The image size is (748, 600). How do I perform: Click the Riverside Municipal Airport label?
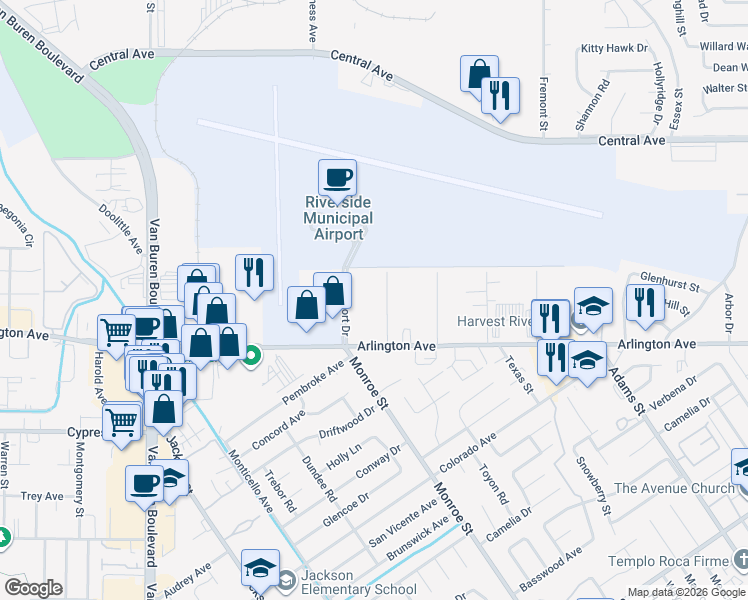pyautogui.click(x=338, y=218)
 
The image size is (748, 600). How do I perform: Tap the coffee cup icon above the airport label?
pyautogui.click(x=336, y=178)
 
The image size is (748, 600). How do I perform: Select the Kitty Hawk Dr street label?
pyautogui.click(x=614, y=48)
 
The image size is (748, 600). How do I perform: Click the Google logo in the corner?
pyautogui.click(x=33, y=588)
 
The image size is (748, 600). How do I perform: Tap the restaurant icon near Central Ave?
pyautogui.click(x=500, y=97)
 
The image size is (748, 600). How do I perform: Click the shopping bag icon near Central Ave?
pyautogui.click(x=479, y=74)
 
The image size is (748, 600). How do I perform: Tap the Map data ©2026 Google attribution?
pyautogui.click(x=687, y=592)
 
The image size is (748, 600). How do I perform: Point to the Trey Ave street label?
pyautogui.click(x=43, y=496)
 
